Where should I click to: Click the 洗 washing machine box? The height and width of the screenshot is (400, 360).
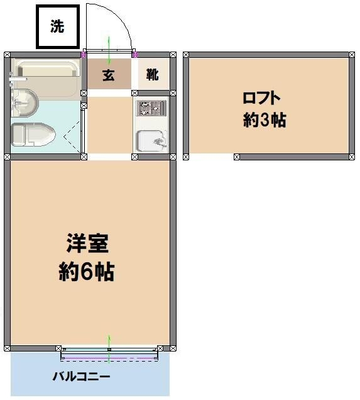(57, 26)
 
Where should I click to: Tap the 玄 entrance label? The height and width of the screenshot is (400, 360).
(109, 75)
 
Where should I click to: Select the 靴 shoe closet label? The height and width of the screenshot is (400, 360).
(153, 75)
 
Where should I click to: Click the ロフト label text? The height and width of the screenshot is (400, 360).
(261, 98)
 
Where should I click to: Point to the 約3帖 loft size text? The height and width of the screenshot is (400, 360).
(265, 121)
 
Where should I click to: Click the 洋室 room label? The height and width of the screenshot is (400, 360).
(88, 243)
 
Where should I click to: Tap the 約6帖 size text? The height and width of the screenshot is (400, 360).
(87, 272)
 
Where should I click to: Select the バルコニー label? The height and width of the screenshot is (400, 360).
(81, 377)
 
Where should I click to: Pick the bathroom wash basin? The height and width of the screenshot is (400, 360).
(24, 101)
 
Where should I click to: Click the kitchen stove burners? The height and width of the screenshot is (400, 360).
(151, 108)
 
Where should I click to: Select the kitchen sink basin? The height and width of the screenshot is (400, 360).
(151, 140)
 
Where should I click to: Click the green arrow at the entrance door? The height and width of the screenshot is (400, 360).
(109, 49)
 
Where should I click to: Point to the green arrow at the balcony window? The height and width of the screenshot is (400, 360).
(109, 349)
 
